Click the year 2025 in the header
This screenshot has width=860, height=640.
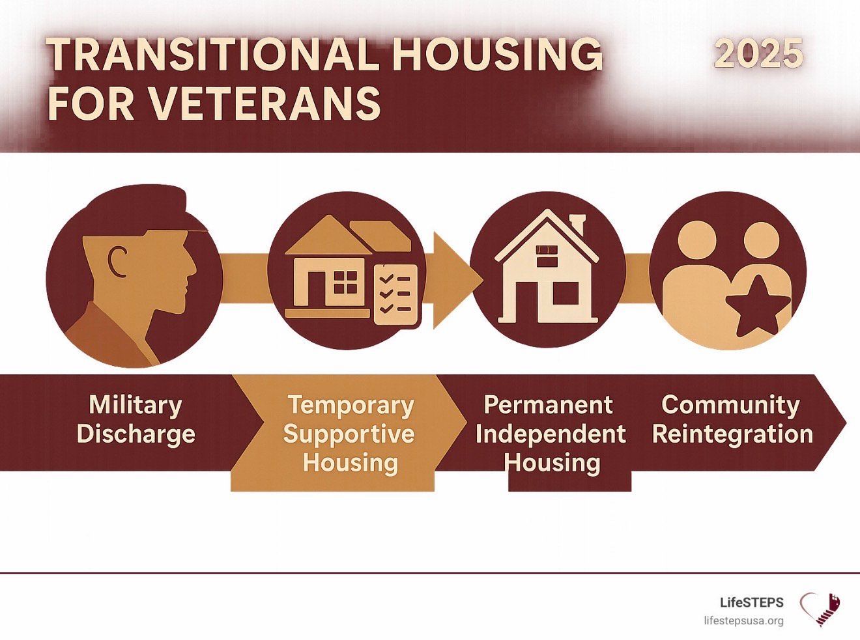(758, 53)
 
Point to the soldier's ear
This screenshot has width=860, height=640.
(117, 262)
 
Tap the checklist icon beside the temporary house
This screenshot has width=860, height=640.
(395, 295)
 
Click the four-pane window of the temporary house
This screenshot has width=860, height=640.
(345, 282)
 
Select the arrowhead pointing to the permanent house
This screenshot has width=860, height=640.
(457, 280)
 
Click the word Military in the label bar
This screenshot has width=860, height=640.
(136, 406)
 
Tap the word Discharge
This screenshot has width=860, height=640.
(136, 434)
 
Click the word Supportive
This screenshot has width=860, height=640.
(349, 434)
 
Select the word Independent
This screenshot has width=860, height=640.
(551, 434)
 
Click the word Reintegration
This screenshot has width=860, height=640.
(733, 434)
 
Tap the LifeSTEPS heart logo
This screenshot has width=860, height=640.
(820, 609)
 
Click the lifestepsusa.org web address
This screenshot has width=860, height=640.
(743, 621)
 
